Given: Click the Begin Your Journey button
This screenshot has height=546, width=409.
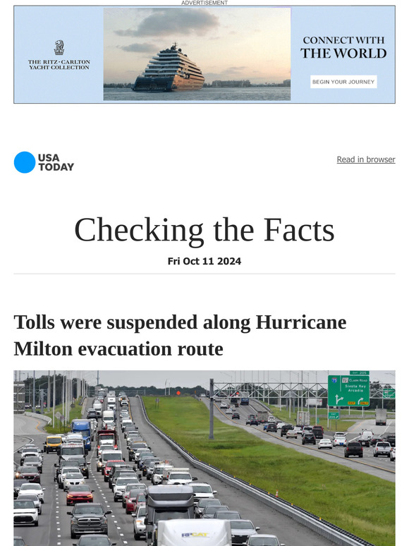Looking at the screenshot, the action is click(343, 82).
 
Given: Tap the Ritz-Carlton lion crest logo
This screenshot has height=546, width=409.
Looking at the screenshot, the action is click(59, 48).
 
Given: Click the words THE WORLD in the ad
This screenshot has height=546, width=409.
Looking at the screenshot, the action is click(343, 54).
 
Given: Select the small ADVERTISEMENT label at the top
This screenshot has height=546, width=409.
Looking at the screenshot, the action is click(204, 3).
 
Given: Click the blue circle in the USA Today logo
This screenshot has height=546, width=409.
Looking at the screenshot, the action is click(24, 162).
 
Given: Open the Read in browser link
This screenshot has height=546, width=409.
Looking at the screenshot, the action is click(365, 159).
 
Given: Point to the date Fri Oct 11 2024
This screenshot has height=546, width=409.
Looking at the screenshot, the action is click(204, 261).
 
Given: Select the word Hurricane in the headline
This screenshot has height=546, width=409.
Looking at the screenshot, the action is click(301, 322).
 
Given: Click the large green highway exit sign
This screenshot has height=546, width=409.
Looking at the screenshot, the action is click(348, 391).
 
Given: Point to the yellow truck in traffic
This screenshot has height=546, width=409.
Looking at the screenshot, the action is click(53, 444).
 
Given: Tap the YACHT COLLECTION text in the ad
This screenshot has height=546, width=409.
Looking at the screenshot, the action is click(59, 68).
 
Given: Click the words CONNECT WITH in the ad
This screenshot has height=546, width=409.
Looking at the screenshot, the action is click(343, 41).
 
